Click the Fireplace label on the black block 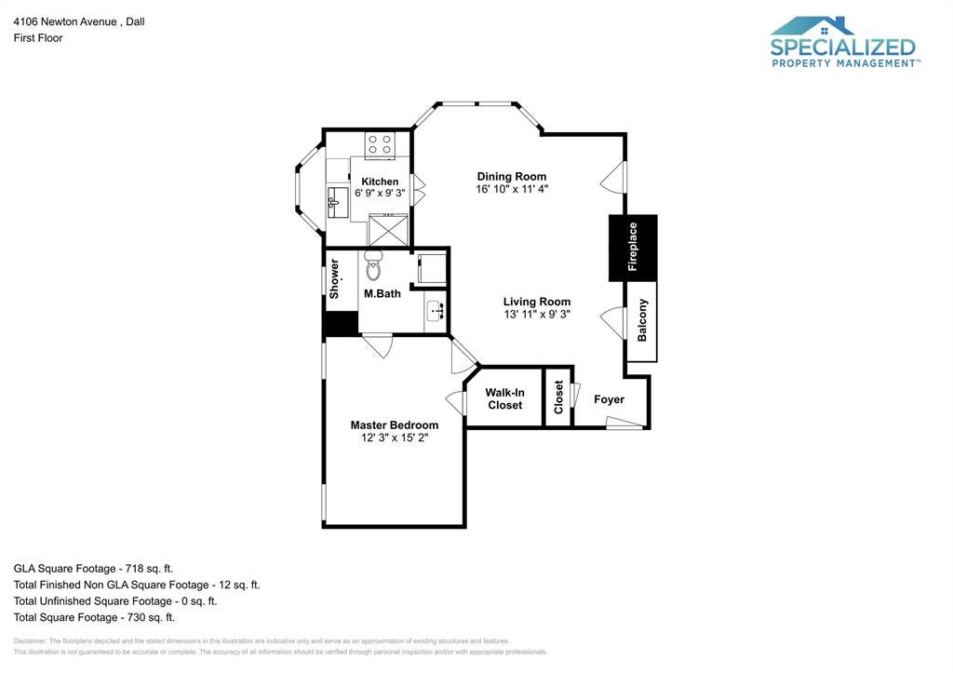(633, 247)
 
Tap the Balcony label (642, 320)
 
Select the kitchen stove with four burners (380, 144)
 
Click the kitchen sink (337, 202)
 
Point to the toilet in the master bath (373, 265)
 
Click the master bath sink (436, 311)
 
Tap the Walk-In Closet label (505, 398)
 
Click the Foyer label (609, 399)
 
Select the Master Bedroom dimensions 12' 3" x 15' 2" (395, 437)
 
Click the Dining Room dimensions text (512, 189)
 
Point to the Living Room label (537, 302)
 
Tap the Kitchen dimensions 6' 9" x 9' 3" (380, 193)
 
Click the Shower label (334, 279)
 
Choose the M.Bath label (383, 293)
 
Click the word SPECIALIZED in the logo (843, 47)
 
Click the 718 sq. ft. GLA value (149, 569)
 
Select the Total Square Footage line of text (94, 618)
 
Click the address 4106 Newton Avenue (65, 22)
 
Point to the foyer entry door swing (624, 424)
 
